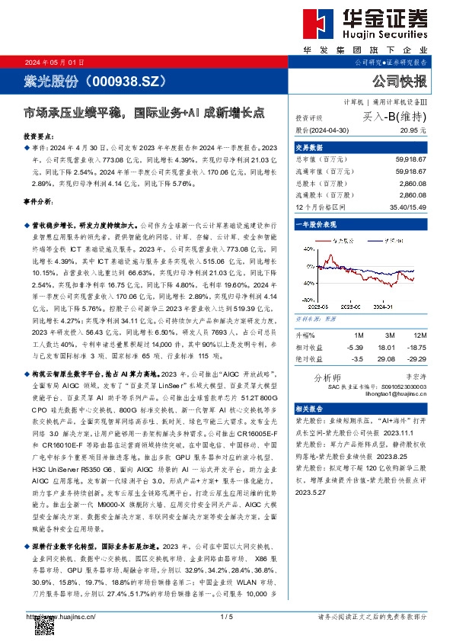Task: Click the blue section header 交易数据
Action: click(310, 148)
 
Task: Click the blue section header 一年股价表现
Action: click(317, 226)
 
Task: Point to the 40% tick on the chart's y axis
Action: click(301, 282)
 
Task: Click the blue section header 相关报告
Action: click(310, 409)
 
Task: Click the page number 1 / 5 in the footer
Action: click(225, 616)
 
